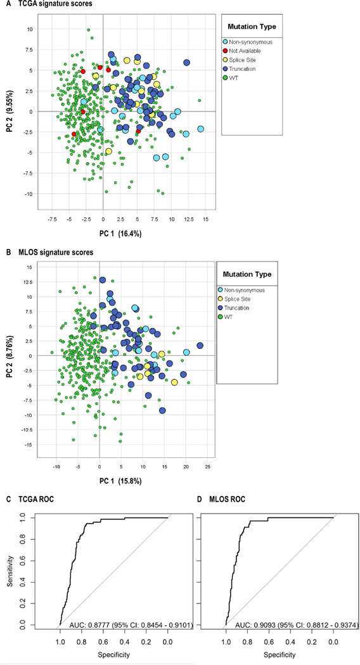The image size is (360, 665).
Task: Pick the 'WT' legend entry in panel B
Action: coord(241,318)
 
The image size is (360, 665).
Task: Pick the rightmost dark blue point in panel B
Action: coord(200,346)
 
